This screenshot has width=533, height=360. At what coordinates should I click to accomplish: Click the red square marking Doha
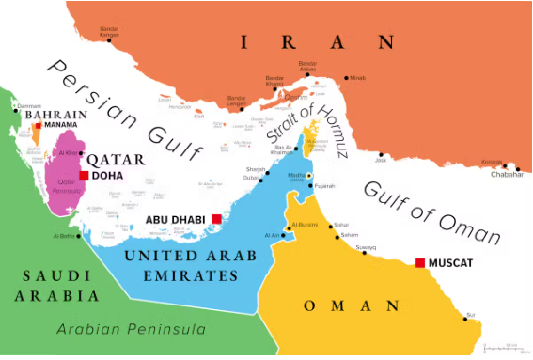(85, 175)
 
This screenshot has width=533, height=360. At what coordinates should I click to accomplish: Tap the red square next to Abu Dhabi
(216, 219)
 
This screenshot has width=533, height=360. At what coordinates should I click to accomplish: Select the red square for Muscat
(420, 262)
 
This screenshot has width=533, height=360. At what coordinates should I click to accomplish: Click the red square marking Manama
(39, 125)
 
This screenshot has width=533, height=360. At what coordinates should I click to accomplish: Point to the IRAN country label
(317, 41)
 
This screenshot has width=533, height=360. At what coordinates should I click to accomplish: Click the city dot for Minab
(346, 77)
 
